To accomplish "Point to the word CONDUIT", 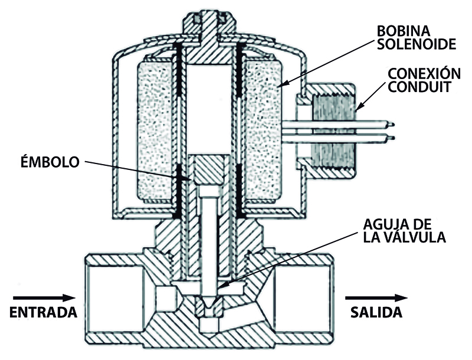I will click(x=418, y=89).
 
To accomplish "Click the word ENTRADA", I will click(x=45, y=312).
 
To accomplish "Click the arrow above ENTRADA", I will click(x=43, y=297).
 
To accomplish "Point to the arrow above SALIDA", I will click(x=376, y=297).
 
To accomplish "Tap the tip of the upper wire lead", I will click(x=391, y=125).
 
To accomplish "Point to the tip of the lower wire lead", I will click(x=391, y=138).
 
